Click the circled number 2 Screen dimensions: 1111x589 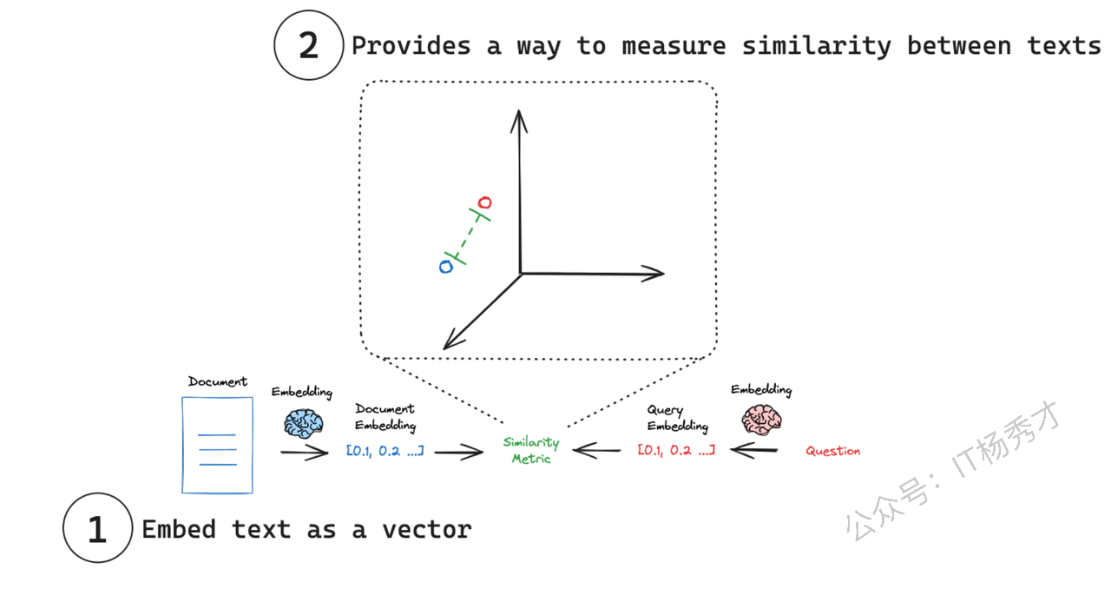coord(308,45)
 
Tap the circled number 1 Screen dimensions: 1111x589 coord(98,528)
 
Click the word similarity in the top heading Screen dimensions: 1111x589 coord(817,47)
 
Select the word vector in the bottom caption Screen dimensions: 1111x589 coord(427,529)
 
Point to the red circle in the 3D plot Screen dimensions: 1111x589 coord(484,202)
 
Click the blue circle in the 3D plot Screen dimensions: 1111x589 coord(446,267)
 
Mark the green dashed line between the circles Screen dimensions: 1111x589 coord(466,235)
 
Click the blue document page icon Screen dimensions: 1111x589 coord(217,445)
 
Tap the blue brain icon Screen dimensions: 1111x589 coord(304,423)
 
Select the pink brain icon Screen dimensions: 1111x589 coord(762,420)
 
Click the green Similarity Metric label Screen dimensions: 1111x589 coord(531,450)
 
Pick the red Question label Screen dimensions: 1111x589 coord(832,451)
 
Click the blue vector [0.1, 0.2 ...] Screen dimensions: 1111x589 coord(385,451)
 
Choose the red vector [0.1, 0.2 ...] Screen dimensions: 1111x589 coord(676,451)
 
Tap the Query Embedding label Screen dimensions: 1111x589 coord(678,418)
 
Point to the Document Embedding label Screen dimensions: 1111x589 coord(385,417)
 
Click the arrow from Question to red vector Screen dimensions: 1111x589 coord(754,451)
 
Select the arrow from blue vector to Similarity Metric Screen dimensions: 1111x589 coord(459,452)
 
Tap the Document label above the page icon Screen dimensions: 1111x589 coord(217,381)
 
